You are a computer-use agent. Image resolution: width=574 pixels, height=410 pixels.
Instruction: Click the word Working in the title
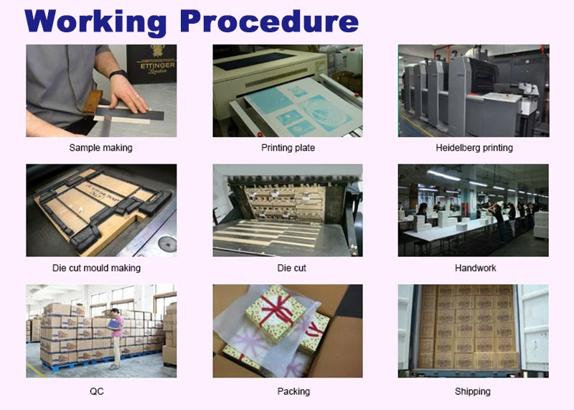point(95,23)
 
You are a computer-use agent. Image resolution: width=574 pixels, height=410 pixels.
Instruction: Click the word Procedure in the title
point(269,22)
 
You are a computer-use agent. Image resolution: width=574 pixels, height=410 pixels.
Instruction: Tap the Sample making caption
point(100,148)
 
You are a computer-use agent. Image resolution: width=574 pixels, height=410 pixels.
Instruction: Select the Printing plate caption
point(288,148)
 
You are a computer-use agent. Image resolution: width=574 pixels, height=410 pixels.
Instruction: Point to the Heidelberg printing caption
point(474,148)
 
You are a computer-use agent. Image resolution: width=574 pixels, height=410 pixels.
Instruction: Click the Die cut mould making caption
point(96,268)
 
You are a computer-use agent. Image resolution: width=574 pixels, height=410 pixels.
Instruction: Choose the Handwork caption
point(475,269)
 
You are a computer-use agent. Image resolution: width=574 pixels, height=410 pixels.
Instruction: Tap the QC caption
point(97,391)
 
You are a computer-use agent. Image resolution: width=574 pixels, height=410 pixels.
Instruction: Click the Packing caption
point(293,391)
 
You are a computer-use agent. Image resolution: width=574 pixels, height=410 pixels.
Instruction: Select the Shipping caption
point(473,391)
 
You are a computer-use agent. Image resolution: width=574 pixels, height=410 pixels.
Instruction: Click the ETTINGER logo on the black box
point(157,65)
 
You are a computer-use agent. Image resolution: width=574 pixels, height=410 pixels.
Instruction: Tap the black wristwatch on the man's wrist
point(118,74)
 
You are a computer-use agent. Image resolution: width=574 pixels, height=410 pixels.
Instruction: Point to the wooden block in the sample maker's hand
point(93,102)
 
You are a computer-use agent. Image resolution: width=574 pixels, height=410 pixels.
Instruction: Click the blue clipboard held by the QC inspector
point(115,324)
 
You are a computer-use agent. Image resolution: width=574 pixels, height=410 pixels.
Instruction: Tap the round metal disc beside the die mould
point(167,243)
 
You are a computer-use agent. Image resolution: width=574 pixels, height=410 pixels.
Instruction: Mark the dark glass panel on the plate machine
point(255,61)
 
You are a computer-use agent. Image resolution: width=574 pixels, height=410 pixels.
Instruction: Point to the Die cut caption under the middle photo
point(291,269)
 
